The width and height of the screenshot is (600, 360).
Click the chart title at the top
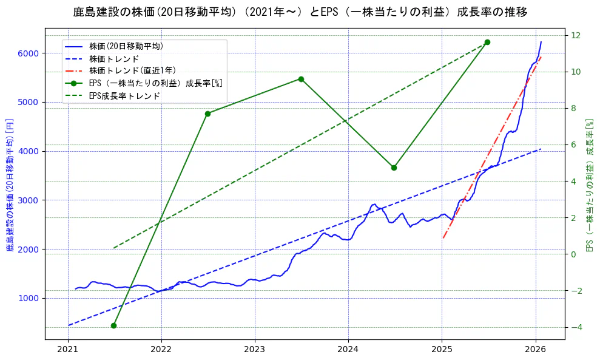300,12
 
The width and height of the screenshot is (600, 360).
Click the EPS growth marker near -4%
113,325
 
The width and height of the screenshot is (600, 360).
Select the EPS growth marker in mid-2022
207,114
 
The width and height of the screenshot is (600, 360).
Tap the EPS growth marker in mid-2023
301,79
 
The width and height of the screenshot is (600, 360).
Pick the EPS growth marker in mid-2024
394,168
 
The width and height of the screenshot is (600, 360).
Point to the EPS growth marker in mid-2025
487,42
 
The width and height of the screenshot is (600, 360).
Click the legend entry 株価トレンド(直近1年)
133,70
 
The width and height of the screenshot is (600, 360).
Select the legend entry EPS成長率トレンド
124,95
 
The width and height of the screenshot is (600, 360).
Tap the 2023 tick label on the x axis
255,351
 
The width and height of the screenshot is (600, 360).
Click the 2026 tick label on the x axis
535,351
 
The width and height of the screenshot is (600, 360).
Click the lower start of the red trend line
443,238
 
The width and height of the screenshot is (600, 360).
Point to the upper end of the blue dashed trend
541,149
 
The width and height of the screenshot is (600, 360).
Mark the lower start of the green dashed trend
113,248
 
